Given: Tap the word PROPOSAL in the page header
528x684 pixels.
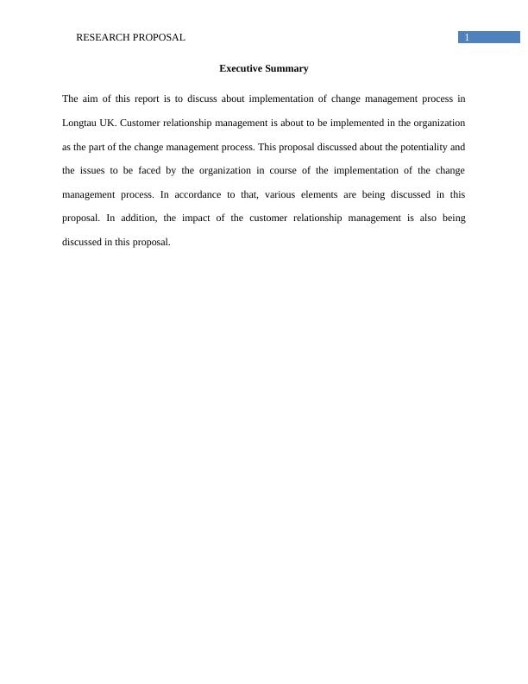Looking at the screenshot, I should (159, 37).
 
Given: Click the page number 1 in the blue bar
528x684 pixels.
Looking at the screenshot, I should (467, 37).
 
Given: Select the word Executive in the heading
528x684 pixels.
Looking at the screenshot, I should (240, 68).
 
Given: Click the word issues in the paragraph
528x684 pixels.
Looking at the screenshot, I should (92, 170).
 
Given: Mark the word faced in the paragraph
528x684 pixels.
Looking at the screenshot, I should (149, 170).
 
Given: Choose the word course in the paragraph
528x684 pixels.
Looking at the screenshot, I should (282, 170).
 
